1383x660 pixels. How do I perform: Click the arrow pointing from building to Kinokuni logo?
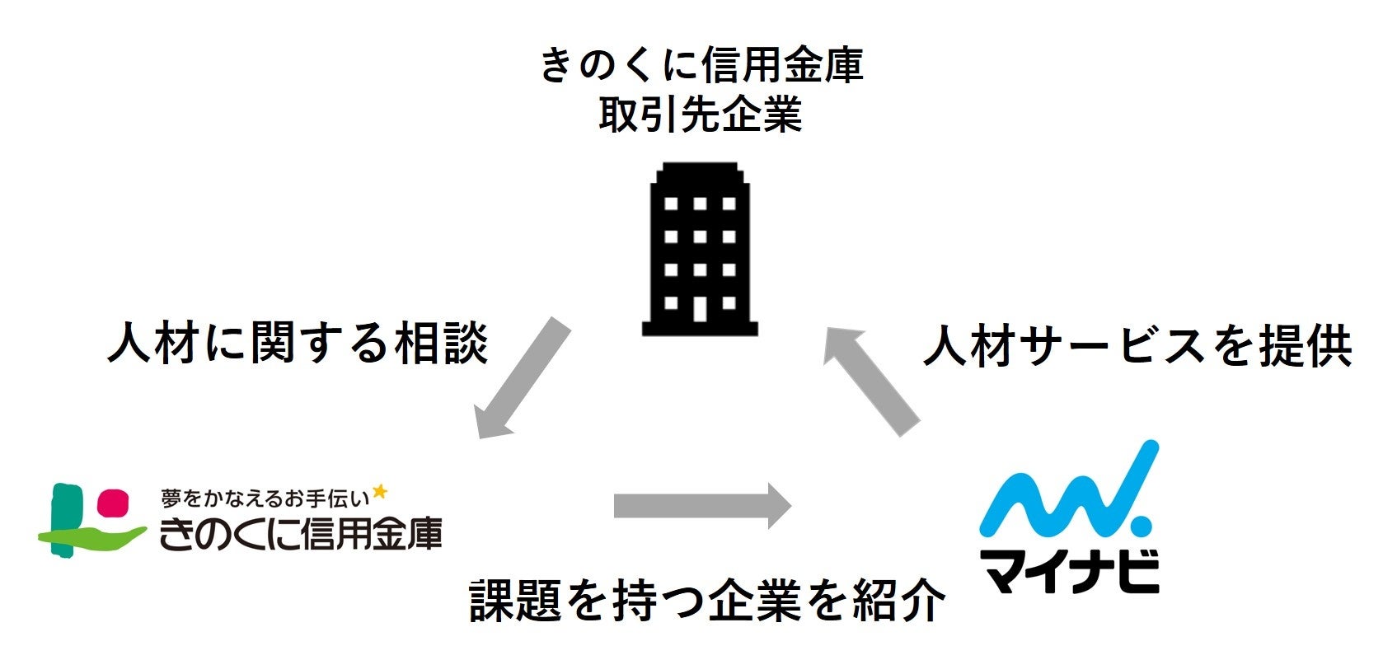[523, 379]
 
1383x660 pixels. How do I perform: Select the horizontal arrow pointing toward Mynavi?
[701, 505]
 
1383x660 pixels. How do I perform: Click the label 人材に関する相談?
[298, 343]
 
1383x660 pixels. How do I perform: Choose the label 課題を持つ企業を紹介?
[707, 600]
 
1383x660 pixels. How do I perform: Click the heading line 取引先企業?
[700, 115]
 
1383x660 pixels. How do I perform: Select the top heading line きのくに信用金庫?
[700, 64]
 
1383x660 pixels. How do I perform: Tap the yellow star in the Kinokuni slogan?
[380, 492]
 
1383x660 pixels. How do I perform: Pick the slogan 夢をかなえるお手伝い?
[265, 498]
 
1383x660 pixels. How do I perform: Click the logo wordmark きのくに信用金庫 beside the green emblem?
[301, 534]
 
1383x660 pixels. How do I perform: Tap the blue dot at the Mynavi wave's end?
[1142, 525]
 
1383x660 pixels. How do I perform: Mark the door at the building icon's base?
[700, 309]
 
